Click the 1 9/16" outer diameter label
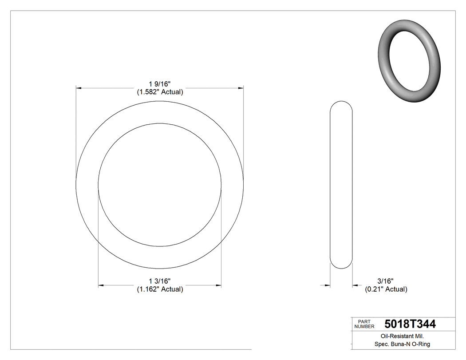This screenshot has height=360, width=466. tap(160, 84)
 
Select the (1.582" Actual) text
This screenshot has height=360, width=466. tap(160, 92)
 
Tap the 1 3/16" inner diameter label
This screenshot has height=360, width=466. tap(160, 281)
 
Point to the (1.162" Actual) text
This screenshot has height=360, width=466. tap(160, 289)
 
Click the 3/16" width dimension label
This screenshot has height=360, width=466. tap(386, 281)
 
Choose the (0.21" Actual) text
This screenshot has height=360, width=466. tap(386, 289)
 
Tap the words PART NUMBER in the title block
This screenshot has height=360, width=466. tap(364, 324)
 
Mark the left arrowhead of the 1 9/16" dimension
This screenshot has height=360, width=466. tap(79, 88)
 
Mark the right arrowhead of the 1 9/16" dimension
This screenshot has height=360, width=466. tap(241, 88)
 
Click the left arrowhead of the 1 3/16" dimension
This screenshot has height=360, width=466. tap(101, 285)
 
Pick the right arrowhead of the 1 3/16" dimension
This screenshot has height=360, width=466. tap(218, 285)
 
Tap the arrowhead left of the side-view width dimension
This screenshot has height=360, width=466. tap(328, 285)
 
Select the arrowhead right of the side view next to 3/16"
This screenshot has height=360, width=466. tap(355, 285)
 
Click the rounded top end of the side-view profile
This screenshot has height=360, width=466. tap(341, 103)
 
